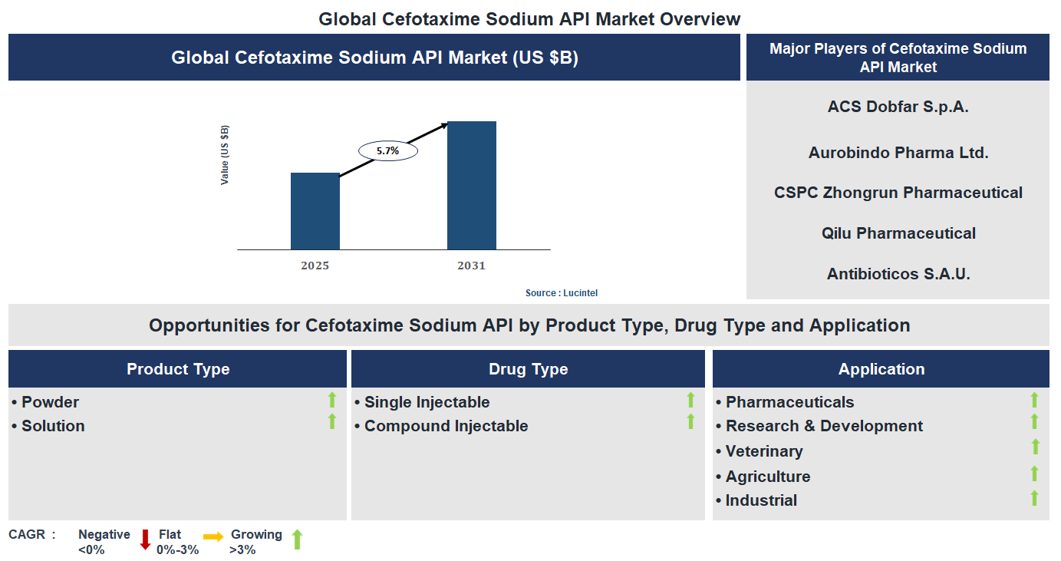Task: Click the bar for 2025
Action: click(315, 211)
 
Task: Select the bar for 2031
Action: click(472, 186)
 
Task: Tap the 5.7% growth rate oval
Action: click(387, 151)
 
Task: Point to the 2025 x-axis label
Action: click(315, 266)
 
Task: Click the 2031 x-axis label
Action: click(471, 266)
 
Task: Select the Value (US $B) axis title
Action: click(225, 155)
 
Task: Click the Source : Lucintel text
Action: click(561, 293)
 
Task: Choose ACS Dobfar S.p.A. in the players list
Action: click(898, 107)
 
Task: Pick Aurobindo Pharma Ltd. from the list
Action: click(898, 153)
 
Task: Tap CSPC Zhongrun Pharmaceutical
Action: click(898, 193)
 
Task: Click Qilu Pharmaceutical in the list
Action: click(898, 233)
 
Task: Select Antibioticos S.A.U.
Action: click(898, 274)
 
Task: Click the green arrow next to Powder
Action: click(332, 399)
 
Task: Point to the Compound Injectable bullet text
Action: click(446, 426)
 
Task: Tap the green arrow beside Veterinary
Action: click(1035, 447)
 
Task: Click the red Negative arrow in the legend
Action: click(145, 540)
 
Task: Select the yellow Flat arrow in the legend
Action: click(213, 536)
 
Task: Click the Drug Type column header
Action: click(528, 369)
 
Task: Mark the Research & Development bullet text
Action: click(824, 426)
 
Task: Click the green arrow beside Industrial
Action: click(1035, 498)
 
